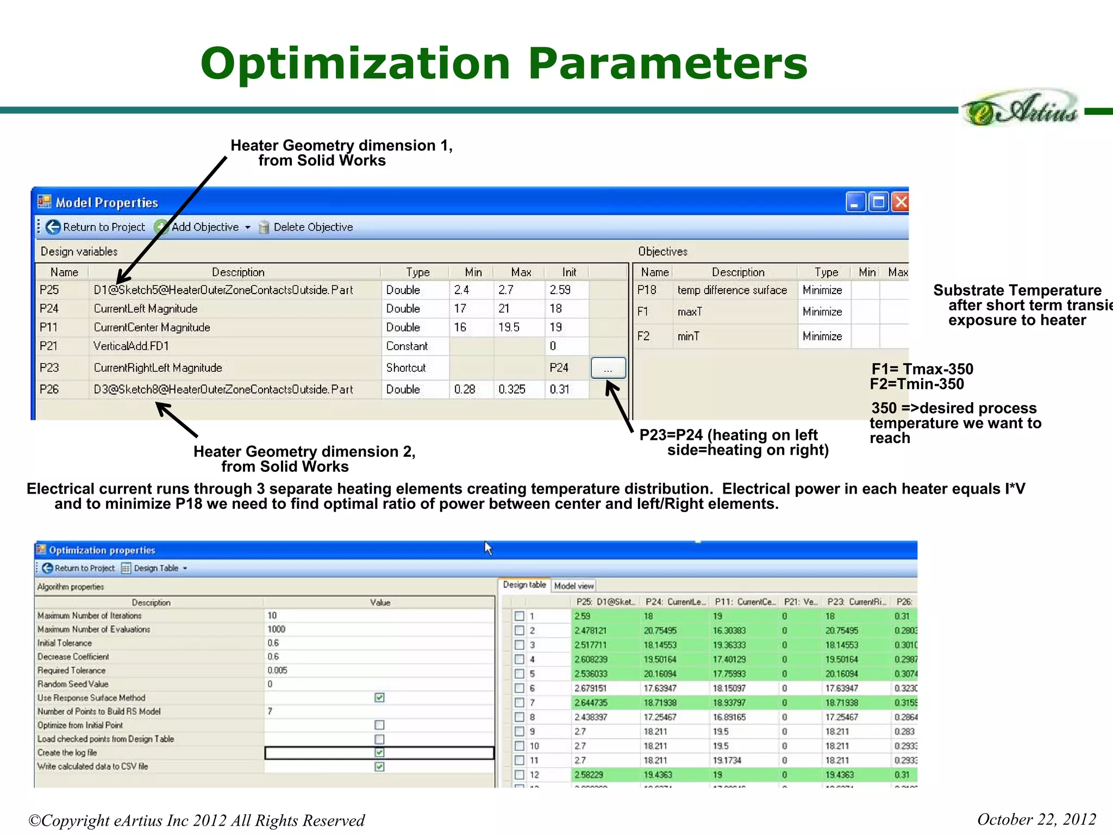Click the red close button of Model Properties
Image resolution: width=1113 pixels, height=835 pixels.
click(x=901, y=202)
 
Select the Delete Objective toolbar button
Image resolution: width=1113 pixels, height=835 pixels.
click(x=312, y=227)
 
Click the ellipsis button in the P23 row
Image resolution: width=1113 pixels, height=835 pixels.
click(x=608, y=368)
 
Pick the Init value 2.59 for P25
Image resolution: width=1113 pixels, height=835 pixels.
click(x=560, y=290)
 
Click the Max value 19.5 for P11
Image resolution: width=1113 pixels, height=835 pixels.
click(x=509, y=327)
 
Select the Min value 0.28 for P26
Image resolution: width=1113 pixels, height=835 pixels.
click(x=465, y=389)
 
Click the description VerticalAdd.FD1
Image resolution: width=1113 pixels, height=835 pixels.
click(x=132, y=346)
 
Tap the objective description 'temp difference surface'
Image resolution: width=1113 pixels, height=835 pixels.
click(x=731, y=290)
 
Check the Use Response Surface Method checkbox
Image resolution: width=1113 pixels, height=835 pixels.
click(x=379, y=697)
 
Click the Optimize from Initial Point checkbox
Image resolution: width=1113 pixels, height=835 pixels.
click(x=379, y=725)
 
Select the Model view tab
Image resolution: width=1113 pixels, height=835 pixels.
click(x=573, y=585)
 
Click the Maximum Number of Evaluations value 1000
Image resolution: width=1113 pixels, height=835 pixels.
click(x=276, y=629)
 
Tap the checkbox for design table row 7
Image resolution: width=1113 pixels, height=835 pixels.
click(x=520, y=702)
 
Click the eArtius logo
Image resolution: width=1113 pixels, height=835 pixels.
click(x=1020, y=109)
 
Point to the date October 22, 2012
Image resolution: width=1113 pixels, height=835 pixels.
click(x=1036, y=819)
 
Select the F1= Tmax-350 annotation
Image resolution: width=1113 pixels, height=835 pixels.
click(x=922, y=369)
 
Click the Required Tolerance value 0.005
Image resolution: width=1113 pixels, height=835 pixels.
click(x=277, y=670)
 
